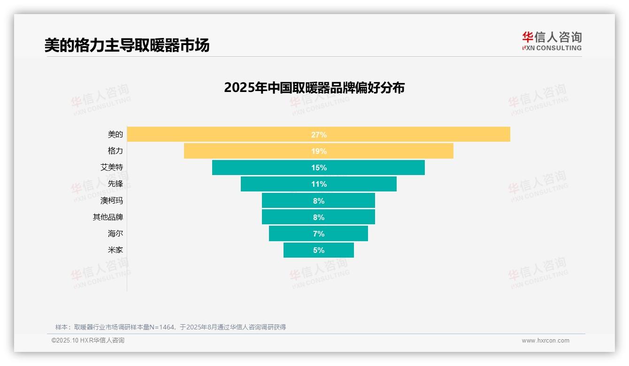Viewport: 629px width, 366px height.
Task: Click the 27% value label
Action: (x=319, y=135)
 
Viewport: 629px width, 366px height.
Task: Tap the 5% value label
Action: (x=319, y=250)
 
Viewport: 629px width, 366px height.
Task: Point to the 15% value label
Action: (x=319, y=168)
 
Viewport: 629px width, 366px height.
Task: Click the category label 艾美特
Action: (x=112, y=168)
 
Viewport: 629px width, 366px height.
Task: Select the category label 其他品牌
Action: (x=108, y=217)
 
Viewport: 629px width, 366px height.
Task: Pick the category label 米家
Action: (x=115, y=250)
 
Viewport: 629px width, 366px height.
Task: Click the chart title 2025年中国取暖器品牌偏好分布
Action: (x=314, y=88)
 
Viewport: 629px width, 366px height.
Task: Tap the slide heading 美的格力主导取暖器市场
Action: (x=127, y=45)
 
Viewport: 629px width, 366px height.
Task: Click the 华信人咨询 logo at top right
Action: (x=552, y=41)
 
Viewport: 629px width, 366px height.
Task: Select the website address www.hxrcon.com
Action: (x=545, y=341)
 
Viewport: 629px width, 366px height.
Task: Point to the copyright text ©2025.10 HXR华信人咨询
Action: (x=88, y=341)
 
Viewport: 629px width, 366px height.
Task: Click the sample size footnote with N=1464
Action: (x=170, y=327)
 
